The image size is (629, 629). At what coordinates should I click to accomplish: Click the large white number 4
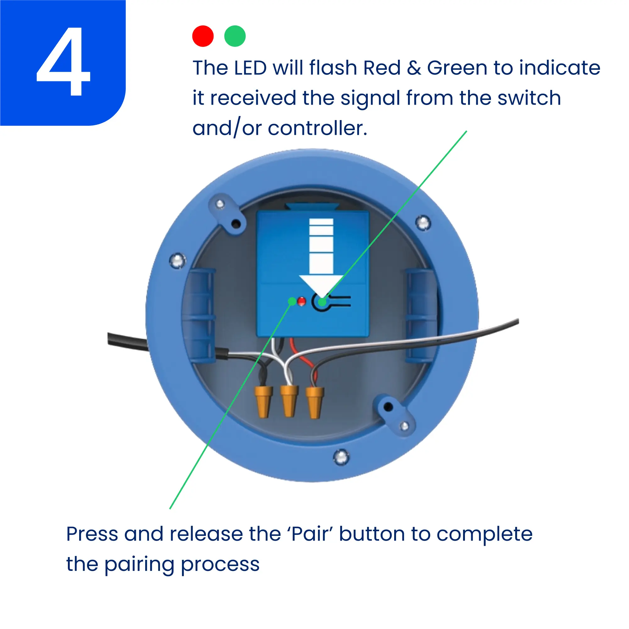(63, 61)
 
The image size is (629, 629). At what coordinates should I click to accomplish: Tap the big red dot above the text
(203, 36)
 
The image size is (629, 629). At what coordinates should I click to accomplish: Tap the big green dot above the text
(235, 36)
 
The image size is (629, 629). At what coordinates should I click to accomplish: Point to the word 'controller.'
(317, 128)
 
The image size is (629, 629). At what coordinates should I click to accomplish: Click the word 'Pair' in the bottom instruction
(312, 534)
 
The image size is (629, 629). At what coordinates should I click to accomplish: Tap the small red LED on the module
(302, 301)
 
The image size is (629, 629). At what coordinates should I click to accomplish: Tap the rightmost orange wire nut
(314, 402)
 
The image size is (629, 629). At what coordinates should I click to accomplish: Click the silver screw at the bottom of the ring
(341, 457)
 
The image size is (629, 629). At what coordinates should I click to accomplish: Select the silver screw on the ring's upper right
(423, 223)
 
